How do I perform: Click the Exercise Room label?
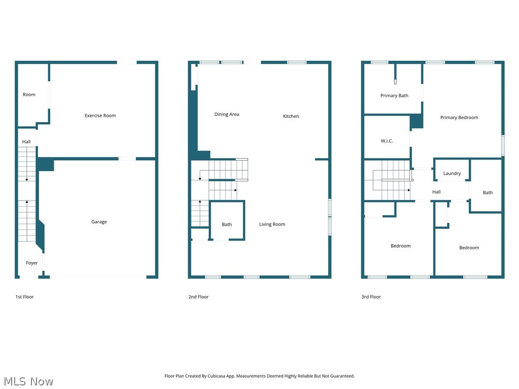[x=100, y=115]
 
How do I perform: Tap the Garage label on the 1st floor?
[x=99, y=222]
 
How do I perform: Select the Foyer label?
[x=32, y=263]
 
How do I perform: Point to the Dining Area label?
[x=227, y=114]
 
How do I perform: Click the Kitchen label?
[x=291, y=116]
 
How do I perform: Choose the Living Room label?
[x=272, y=224]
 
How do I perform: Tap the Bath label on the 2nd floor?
[x=227, y=224]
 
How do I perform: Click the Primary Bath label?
[x=394, y=96]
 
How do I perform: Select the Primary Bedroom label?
[x=459, y=118]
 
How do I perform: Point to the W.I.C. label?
[x=387, y=141]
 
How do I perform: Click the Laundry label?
[x=452, y=173]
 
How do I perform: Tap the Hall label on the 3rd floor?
[x=436, y=192]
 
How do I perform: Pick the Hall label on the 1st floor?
[x=26, y=142]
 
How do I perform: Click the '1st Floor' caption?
[x=24, y=297]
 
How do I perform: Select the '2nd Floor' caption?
[x=198, y=297]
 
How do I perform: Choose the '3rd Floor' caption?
[x=371, y=297]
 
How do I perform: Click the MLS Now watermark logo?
[x=28, y=381]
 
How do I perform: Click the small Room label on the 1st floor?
[x=29, y=95]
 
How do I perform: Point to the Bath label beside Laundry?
[x=488, y=192]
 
